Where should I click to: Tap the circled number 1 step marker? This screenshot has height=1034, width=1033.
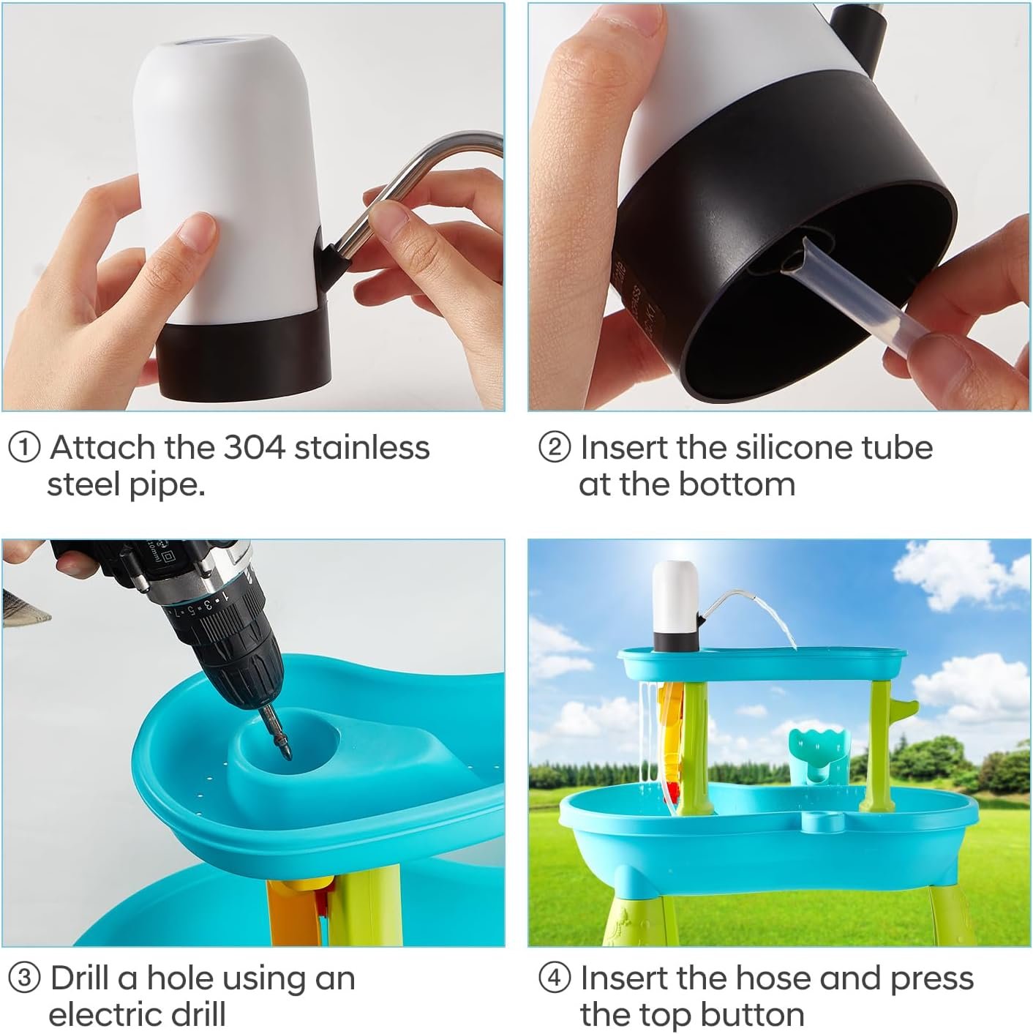click(x=24, y=448)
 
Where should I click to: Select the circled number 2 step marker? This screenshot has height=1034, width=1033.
click(x=554, y=448)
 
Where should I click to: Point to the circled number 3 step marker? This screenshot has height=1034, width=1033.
click(x=24, y=978)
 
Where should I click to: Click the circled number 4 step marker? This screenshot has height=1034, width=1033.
click(x=554, y=978)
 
